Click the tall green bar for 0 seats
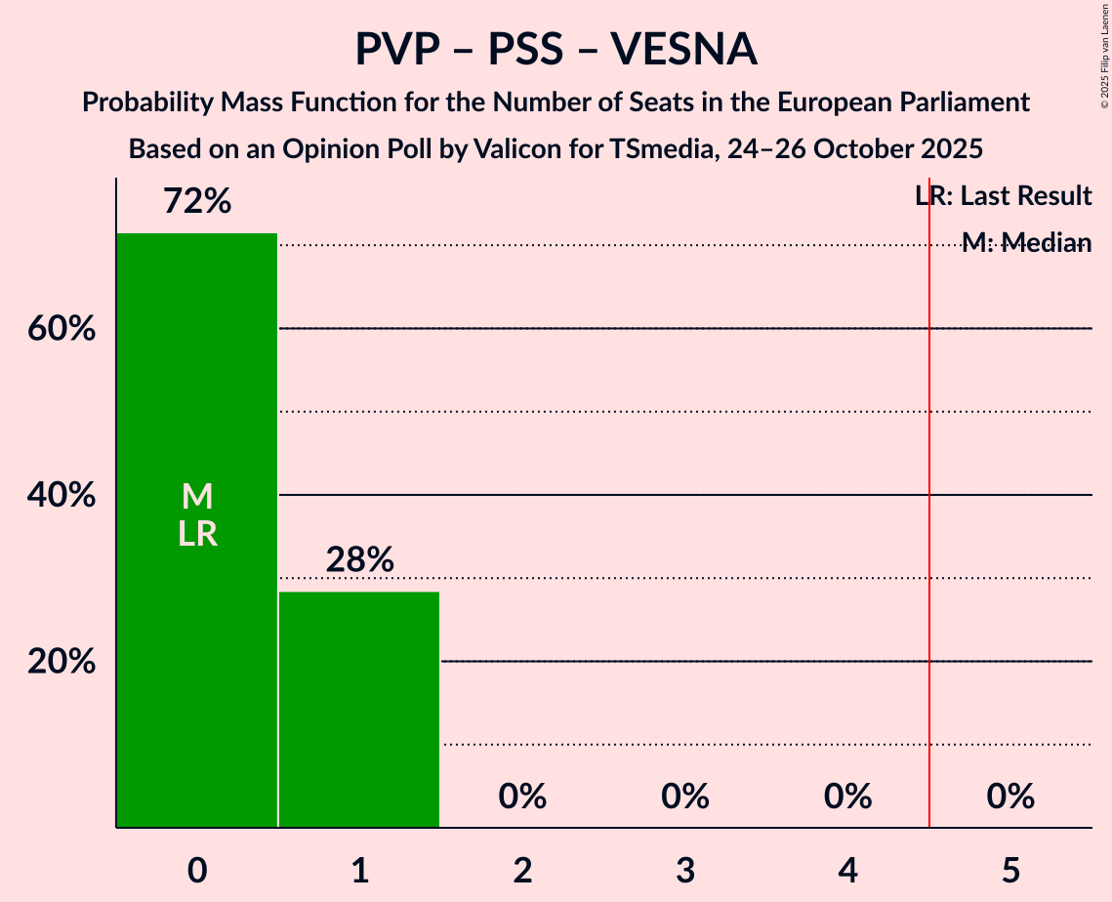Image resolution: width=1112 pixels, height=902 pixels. [196, 635]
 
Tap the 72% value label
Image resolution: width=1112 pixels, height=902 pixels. [196, 202]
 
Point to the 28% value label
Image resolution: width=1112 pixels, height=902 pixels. [359, 559]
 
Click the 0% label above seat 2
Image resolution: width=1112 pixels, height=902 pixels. [522, 797]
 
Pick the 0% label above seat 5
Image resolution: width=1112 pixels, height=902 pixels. [1010, 797]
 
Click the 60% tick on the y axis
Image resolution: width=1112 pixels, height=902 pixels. [62, 329]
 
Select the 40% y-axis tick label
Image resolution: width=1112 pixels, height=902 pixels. [62, 496]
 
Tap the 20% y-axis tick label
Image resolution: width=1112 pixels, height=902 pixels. [62, 662]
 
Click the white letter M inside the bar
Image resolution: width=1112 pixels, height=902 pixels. [197, 496]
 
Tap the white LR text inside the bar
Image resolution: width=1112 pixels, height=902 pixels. [197, 534]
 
